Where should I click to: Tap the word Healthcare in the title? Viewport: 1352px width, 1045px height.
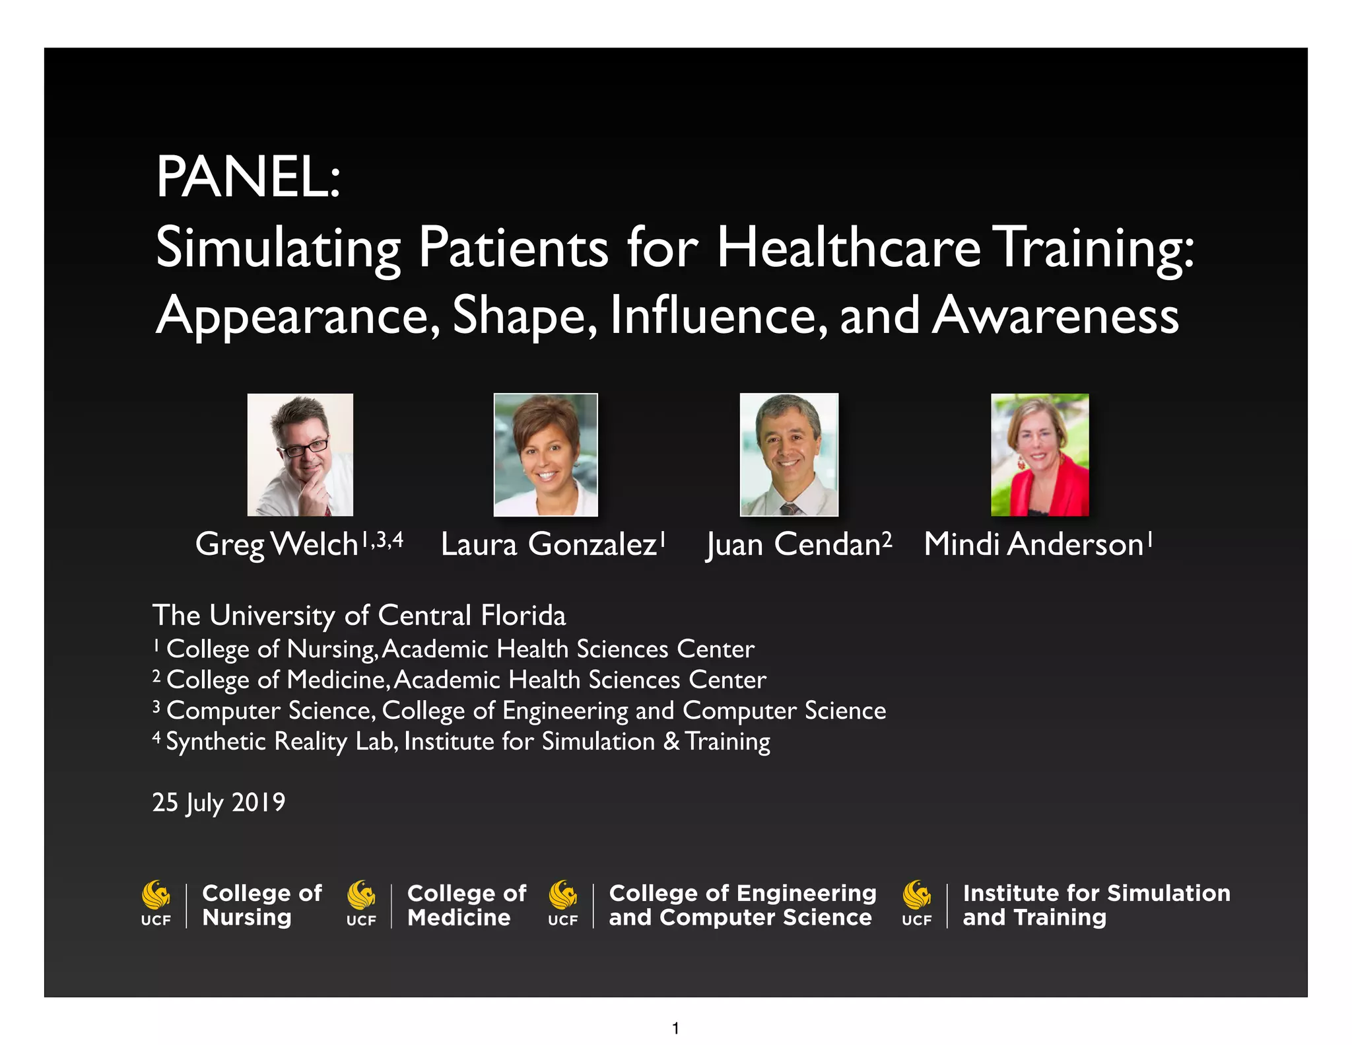coord(848,248)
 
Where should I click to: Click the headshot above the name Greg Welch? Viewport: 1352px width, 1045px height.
coord(300,454)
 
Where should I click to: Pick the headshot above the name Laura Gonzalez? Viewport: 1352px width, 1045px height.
coord(545,454)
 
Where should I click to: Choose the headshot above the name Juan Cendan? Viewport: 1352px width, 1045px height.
coord(789,454)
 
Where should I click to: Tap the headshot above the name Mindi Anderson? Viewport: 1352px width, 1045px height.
coord(1040,454)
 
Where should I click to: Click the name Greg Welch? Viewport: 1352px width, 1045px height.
coord(277,545)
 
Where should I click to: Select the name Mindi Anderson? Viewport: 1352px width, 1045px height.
coord(1033,545)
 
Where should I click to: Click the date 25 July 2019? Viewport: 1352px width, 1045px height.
coord(219,803)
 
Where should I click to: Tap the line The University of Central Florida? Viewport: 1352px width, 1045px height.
coord(359,616)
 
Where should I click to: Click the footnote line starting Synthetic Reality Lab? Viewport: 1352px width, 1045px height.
coord(467,742)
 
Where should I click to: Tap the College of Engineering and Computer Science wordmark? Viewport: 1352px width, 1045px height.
coord(742,905)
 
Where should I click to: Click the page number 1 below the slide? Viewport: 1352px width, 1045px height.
coord(675,1028)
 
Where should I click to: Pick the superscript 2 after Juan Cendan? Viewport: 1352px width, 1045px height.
coord(887,540)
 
